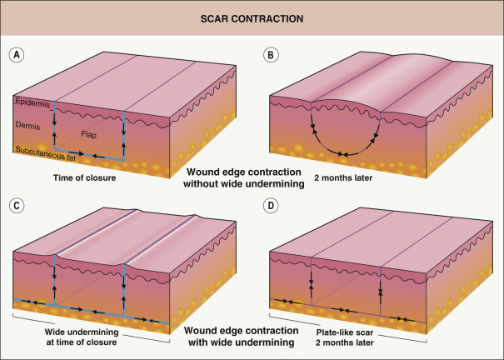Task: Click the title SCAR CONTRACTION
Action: click(252, 17)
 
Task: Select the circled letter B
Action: click(271, 54)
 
